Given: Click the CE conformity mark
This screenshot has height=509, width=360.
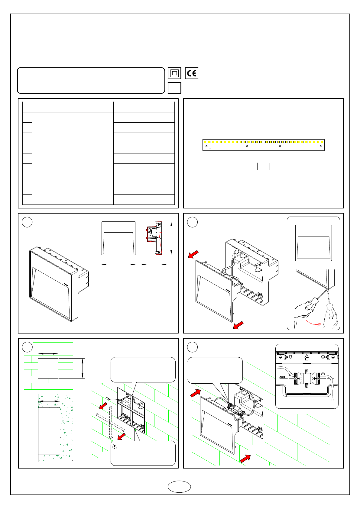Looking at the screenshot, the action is click(x=191, y=73).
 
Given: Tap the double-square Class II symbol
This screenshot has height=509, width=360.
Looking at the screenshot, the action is click(x=174, y=73).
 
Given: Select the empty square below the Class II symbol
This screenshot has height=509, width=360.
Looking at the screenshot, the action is click(x=174, y=88).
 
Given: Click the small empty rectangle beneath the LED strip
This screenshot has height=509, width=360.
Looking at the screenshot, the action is click(x=263, y=166).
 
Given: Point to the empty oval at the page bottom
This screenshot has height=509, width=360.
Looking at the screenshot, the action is click(x=179, y=487).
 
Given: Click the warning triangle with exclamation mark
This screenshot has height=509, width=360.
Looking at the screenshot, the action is click(x=115, y=446).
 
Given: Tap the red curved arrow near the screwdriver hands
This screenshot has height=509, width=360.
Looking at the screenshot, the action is click(x=313, y=323).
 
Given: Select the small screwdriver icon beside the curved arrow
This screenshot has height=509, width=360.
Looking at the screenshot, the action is click(x=295, y=324).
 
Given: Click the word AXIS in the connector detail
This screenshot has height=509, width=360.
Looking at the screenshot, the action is click(x=282, y=377).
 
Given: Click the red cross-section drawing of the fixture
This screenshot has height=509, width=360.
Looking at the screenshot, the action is click(x=154, y=238).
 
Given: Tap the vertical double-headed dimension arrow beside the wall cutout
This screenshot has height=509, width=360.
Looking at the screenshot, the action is click(x=83, y=368).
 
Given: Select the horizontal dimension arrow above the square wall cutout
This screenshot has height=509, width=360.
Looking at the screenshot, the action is click(x=48, y=353).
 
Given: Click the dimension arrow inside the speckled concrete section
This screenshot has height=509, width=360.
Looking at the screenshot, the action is click(x=49, y=401).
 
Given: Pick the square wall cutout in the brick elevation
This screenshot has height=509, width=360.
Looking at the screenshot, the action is click(x=48, y=368).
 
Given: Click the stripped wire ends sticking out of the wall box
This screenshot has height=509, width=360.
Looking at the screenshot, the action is click(x=109, y=398).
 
